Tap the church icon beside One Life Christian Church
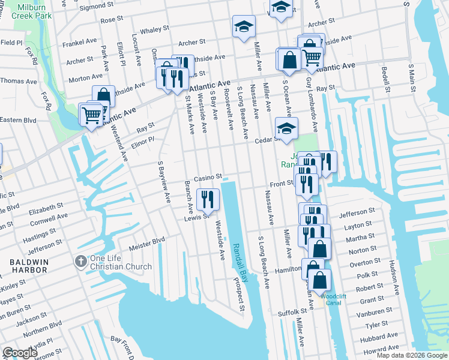80,262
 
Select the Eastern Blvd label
19,120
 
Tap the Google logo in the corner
20,353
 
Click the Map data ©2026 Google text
412,355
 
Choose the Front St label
280,185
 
